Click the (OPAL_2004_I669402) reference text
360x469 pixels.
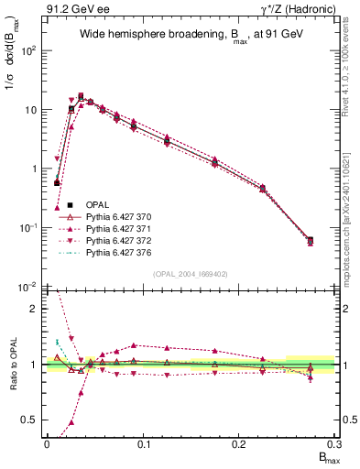[190, 273]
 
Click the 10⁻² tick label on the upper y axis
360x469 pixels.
[28, 287]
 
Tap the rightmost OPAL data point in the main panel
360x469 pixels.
[311, 241]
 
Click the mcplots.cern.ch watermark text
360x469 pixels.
[350, 211]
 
